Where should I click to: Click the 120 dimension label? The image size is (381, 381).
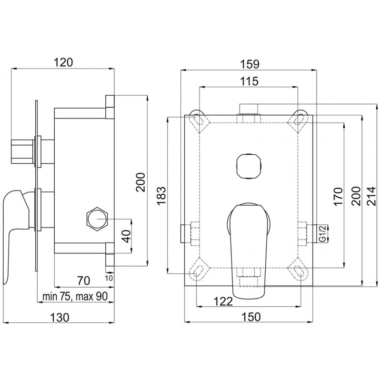63,62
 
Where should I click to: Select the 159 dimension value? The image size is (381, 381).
250,64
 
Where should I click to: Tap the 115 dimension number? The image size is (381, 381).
250,81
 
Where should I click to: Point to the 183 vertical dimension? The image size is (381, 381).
161,196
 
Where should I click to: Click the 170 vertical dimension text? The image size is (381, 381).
338,196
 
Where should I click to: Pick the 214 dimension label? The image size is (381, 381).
371,196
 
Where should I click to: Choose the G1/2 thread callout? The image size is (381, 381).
322,233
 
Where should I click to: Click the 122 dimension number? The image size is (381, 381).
223,302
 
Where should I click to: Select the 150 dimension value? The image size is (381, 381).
251,317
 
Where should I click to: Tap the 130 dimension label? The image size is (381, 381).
60,317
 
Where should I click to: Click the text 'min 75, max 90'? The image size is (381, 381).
75,296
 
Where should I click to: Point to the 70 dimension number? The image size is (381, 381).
84,281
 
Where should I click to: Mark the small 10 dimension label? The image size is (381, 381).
110,278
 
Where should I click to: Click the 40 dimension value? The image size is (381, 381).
126,236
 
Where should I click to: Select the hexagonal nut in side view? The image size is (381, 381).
97,219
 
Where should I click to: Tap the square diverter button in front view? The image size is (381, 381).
249,166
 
